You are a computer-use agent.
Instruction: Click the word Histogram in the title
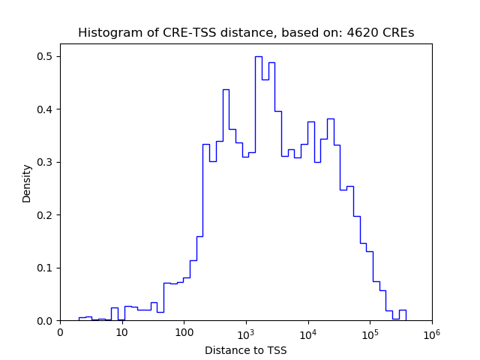tap(104, 33)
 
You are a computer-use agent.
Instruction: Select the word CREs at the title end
tap(398, 33)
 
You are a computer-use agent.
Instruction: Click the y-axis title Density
tap(27, 183)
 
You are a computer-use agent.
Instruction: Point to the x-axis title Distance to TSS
tap(245, 349)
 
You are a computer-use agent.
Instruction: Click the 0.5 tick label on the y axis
tap(45, 57)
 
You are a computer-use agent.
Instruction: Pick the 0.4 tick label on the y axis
tap(45, 109)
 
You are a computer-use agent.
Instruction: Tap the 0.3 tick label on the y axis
tap(45, 163)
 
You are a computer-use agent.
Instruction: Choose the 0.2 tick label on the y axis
tap(45, 215)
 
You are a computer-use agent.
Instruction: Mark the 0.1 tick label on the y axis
tap(45, 268)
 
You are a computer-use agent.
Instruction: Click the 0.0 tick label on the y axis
tap(45, 321)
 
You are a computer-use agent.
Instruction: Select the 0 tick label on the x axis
tap(61, 332)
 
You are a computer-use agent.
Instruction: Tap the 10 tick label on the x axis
tap(122, 332)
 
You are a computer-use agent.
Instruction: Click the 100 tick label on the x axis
tap(184, 332)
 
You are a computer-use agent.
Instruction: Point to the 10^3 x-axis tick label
tap(246, 331)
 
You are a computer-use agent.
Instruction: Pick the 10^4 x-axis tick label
tap(308, 331)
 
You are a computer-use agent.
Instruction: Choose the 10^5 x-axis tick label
tap(370, 331)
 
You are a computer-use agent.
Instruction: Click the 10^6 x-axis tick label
tap(432, 331)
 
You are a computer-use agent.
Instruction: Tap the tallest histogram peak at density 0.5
tap(258, 58)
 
